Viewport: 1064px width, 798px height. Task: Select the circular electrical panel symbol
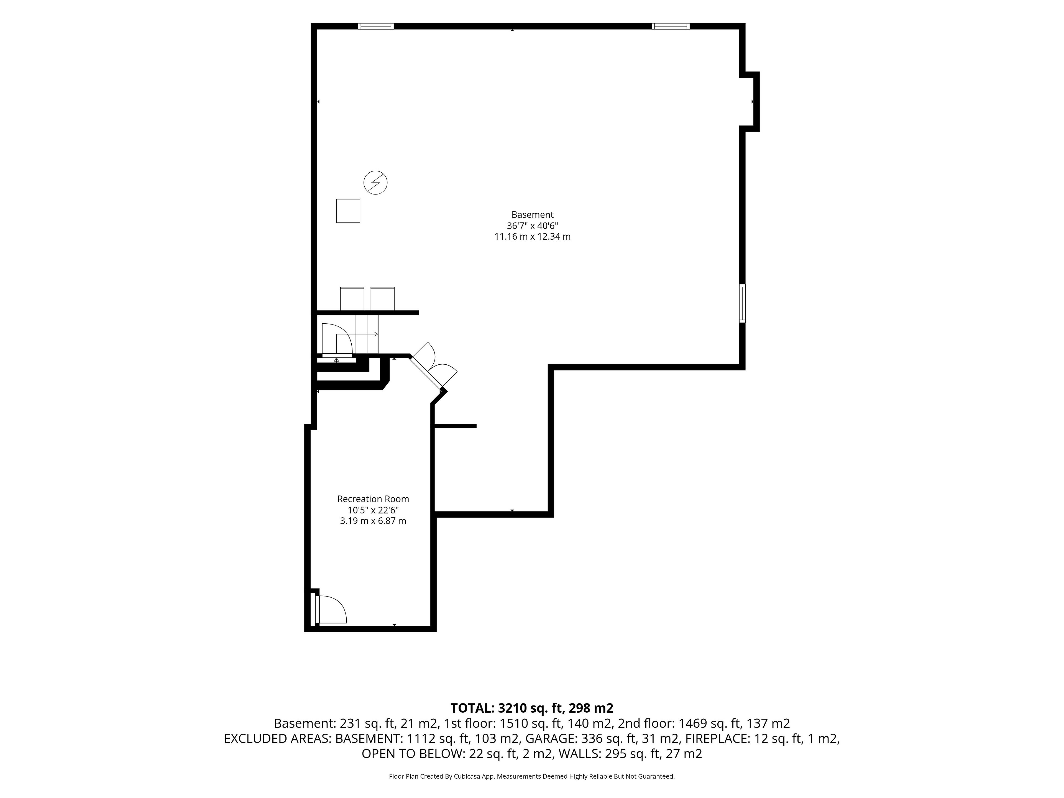tap(375, 183)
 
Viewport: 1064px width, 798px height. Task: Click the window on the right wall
tap(742, 303)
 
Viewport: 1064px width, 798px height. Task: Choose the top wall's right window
tap(671, 26)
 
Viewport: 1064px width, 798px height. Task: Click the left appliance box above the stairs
tap(352, 299)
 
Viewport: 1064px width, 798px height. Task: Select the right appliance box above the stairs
tap(382, 299)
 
